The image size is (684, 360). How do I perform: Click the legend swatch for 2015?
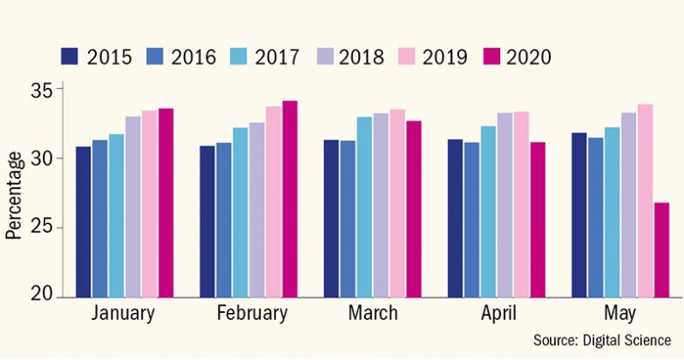pos(70,57)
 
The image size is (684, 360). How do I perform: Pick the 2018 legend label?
pos(361,57)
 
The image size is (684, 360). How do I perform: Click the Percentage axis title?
pos(14,194)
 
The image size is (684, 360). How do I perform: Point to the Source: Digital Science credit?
pos(601,340)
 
